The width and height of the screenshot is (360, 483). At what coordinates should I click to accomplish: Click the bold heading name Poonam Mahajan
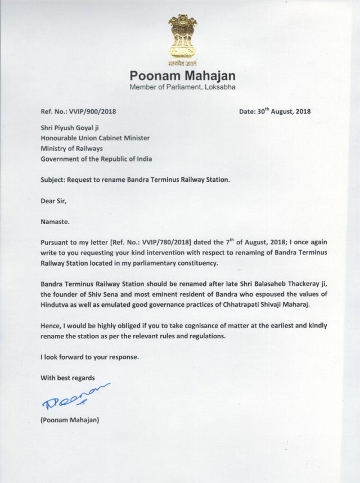click(183, 76)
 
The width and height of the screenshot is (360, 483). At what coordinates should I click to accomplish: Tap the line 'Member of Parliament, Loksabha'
click(183, 87)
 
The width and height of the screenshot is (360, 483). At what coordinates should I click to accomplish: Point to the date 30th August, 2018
click(274, 111)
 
